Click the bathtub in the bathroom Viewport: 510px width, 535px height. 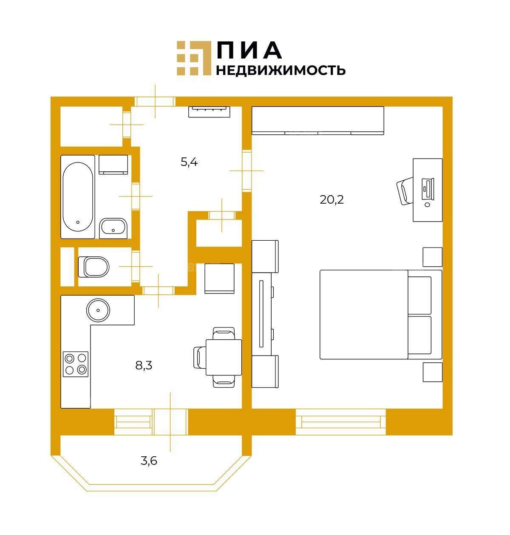point(78,197)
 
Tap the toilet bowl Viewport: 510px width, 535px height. point(93,267)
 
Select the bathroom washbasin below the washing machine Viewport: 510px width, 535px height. point(113,228)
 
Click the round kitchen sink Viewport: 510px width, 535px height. point(98,310)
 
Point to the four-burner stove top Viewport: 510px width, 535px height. point(76,364)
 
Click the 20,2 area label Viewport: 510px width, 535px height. point(331,200)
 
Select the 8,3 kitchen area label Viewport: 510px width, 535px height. point(144,365)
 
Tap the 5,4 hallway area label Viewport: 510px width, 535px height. point(189,162)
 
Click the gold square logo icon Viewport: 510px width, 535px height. point(194,58)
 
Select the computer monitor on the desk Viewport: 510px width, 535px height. point(428,188)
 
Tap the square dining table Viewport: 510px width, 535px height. point(224,357)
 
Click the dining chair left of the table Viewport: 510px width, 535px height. point(200,357)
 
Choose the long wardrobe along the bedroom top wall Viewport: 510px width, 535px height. point(318,120)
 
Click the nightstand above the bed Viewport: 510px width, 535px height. point(432,257)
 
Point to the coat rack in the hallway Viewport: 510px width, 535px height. point(210,112)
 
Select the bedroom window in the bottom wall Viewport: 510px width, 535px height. point(341,422)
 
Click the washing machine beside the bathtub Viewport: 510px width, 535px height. point(113,165)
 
